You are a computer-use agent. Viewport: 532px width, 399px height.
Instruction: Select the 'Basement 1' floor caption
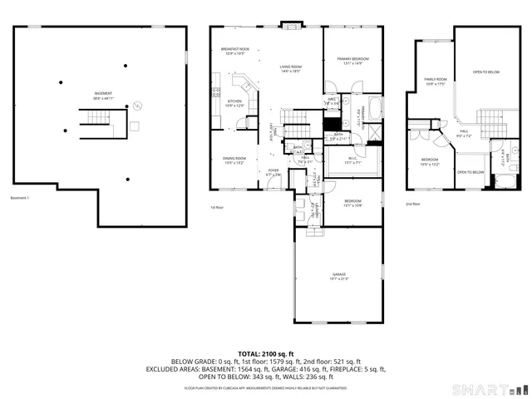21,198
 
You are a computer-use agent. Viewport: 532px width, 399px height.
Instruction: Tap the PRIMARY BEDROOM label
352,60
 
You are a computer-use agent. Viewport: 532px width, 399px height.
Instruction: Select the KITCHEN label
234,102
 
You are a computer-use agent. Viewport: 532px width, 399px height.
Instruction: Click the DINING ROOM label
234,160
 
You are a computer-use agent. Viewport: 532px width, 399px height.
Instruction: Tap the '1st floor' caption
217,207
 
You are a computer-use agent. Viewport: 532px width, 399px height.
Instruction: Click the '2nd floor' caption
413,204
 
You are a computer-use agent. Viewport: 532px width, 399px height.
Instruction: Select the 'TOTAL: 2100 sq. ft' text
266,353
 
